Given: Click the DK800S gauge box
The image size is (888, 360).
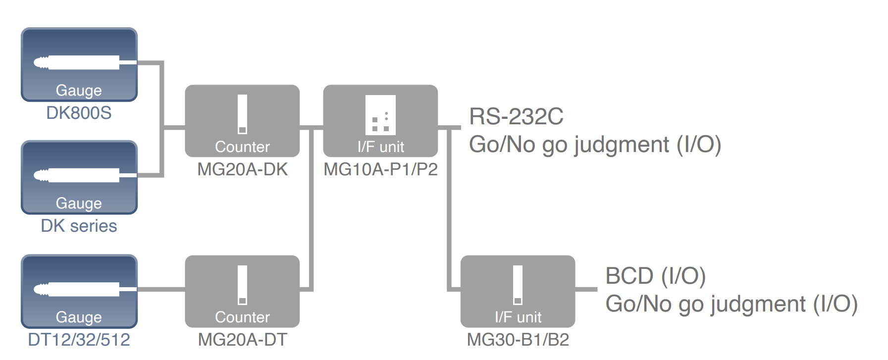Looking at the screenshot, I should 79,64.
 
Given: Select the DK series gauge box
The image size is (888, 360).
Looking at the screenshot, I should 79,177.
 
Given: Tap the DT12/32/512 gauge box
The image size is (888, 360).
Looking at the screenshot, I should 79,291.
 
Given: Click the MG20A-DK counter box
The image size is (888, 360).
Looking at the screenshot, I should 242,121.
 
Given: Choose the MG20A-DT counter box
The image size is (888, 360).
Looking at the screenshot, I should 242,291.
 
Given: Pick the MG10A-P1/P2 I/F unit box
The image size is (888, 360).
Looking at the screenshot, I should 380,121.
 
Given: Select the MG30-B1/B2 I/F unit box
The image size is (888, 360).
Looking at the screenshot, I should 518,291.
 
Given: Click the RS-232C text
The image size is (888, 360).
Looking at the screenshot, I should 516,117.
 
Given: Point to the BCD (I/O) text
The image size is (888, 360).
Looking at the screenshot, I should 655,276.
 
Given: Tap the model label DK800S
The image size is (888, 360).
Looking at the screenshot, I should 79,113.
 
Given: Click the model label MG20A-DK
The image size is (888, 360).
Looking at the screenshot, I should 242,169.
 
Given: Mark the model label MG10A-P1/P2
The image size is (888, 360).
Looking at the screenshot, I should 380,169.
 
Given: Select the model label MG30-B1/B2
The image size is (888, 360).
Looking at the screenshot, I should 518,340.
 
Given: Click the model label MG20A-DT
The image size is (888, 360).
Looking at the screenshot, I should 242,340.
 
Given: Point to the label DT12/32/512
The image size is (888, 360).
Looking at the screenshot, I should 79,340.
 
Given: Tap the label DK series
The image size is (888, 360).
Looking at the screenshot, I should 79,226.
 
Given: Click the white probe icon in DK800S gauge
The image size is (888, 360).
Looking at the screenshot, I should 79,62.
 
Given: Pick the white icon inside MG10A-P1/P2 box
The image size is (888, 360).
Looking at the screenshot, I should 380,115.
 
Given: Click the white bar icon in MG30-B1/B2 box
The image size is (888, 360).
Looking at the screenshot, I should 518,285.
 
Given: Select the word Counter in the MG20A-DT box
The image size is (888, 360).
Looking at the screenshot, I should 242,317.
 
